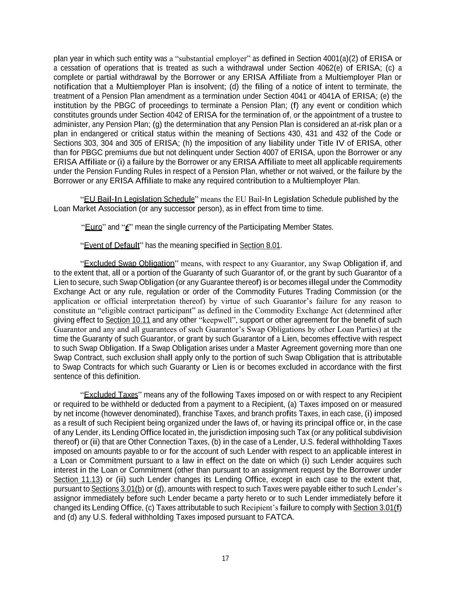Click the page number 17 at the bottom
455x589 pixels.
click(225, 558)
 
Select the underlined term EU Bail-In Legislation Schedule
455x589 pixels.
click(139, 199)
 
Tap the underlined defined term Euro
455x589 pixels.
click(93, 227)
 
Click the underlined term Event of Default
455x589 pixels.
click(112, 246)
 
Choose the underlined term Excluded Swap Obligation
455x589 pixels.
click(129, 263)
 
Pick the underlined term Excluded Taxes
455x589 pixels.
click(111, 395)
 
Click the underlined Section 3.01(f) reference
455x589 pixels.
click(377, 507)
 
